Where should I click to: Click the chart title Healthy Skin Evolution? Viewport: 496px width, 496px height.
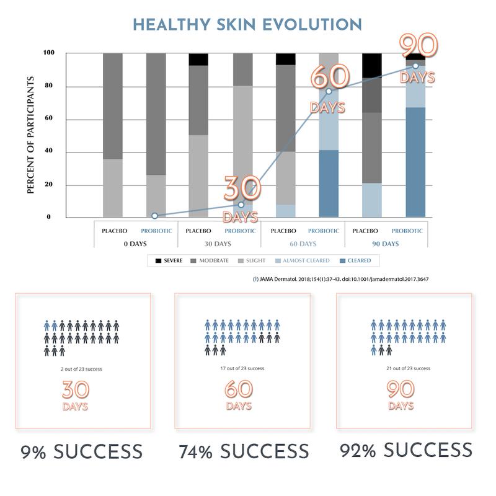pos(247,25)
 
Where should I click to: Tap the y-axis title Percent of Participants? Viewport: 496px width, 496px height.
pos(31,135)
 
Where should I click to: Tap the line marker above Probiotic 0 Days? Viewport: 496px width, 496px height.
pos(154,216)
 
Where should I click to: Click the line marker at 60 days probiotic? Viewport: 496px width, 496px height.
pos(329,92)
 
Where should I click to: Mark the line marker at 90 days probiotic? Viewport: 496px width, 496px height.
pos(415,66)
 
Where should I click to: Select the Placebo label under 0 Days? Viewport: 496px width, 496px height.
pos(115,231)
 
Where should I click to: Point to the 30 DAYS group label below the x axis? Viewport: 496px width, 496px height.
pos(219,244)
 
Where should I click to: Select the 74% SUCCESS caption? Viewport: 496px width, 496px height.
pos(243,451)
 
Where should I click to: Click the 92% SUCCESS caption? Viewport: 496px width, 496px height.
pos(405,449)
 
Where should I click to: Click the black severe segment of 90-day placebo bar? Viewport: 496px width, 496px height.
pos(371,65)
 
